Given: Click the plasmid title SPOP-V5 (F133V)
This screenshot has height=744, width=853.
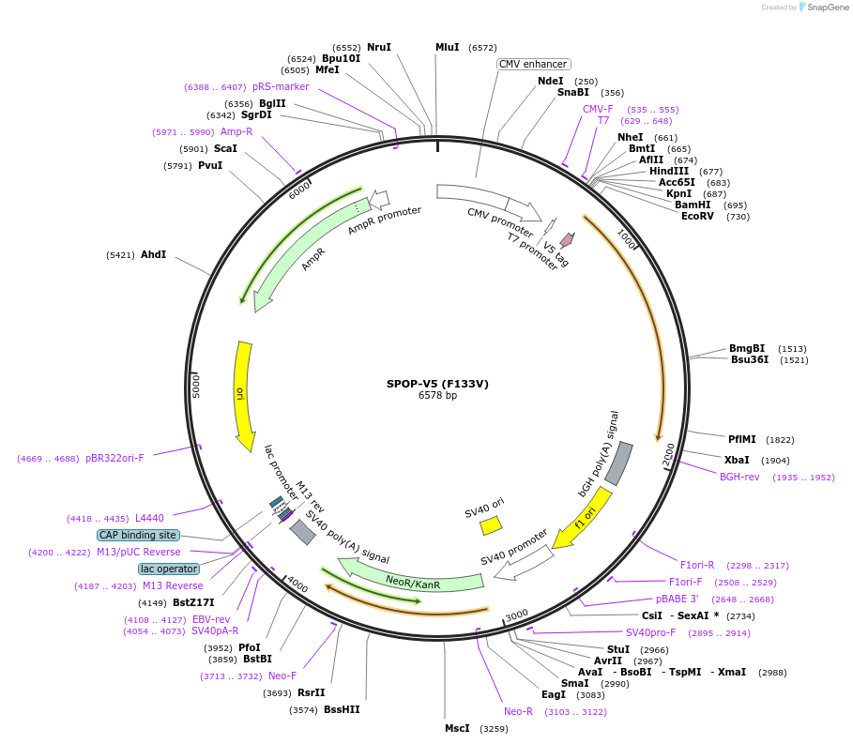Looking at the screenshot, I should click(437, 384).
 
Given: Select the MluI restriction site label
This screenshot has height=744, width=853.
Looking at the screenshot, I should click(448, 47).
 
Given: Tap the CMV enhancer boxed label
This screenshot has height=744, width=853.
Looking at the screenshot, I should click(533, 64).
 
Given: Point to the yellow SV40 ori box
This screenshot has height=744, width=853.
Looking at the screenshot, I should click(491, 525).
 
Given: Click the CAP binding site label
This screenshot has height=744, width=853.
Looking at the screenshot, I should click(138, 535).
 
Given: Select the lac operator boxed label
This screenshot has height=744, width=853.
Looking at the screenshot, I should click(169, 569).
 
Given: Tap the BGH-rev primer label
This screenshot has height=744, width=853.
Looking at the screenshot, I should click(739, 478).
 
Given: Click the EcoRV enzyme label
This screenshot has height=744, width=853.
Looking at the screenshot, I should click(697, 217).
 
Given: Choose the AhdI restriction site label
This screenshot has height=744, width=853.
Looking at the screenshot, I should click(153, 254).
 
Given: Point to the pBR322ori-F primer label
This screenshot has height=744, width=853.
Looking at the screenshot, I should click(114, 459).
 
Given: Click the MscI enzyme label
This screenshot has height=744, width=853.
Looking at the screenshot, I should click(457, 728).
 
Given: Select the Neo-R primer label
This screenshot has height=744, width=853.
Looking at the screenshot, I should click(518, 711).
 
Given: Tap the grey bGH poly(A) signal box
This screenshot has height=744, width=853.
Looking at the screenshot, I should click(618, 463).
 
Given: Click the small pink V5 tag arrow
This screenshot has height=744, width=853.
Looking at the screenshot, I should click(567, 240).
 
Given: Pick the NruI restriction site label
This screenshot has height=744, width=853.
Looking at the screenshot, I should click(379, 47).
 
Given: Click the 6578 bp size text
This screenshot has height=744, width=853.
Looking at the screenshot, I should click(437, 396).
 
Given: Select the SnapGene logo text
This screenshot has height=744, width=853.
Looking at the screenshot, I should click(827, 8).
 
